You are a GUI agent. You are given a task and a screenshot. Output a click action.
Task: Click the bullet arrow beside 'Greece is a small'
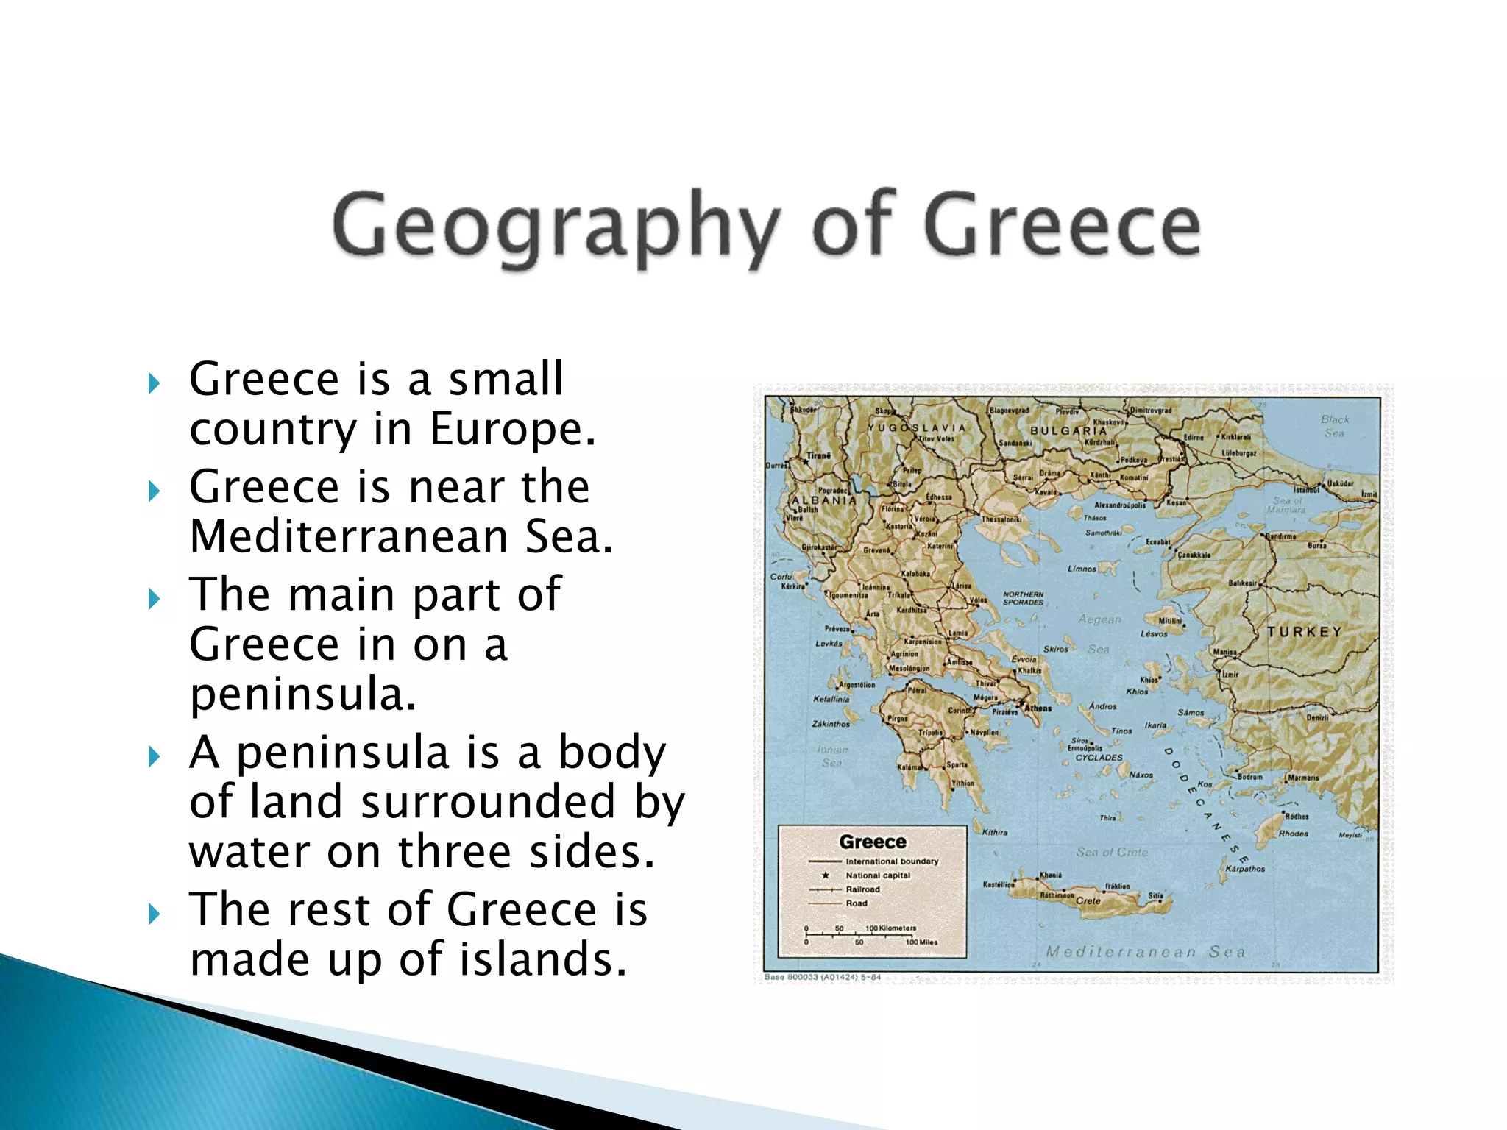point(154,383)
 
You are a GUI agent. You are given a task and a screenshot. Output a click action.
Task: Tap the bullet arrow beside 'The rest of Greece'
point(154,914)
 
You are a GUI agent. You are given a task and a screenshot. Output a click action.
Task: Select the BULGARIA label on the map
point(1068,430)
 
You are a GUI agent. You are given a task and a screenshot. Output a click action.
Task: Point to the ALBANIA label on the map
point(824,500)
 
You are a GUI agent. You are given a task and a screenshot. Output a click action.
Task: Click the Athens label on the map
point(1038,708)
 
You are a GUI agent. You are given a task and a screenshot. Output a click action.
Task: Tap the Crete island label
point(1088,900)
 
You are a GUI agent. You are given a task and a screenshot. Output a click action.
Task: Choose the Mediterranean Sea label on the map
point(1146,952)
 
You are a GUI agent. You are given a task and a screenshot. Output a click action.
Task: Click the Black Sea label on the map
point(1335,426)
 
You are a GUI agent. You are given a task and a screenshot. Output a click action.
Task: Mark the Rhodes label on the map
point(1293,834)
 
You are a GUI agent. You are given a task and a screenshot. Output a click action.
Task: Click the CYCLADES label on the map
point(1099,757)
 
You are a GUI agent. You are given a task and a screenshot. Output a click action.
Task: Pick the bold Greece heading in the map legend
point(873,842)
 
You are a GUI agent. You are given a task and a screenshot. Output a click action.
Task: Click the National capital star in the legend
point(826,875)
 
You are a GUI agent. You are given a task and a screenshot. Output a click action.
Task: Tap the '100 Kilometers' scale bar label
point(890,928)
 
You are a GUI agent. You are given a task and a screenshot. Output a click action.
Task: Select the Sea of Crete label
point(1112,852)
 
